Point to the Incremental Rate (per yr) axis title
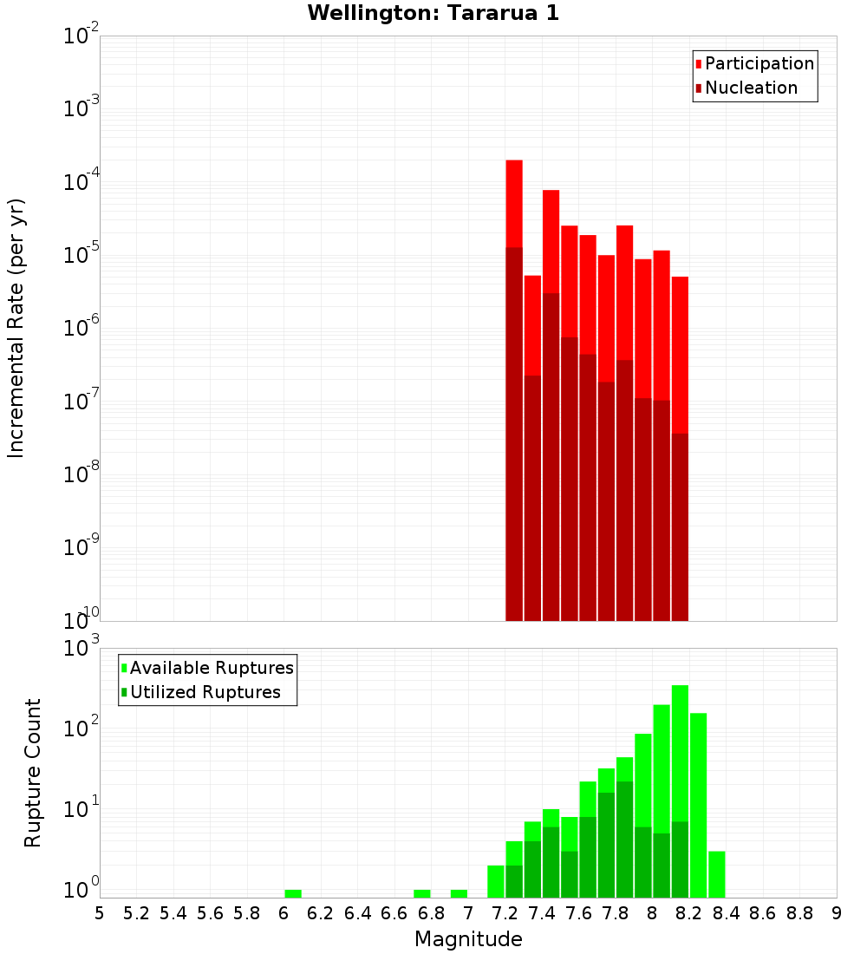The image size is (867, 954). [16, 328]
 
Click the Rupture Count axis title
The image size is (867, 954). [33, 773]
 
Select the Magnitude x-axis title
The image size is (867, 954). [468, 939]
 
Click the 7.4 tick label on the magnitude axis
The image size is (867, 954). [542, 913]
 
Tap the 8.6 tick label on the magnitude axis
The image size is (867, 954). [763, 913]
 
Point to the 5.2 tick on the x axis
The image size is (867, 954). [137, 913]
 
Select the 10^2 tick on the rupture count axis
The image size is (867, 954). [81, 727]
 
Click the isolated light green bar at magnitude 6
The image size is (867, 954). [293, 893]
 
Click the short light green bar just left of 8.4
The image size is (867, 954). [717, 874]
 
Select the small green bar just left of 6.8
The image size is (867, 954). [422, 893]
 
